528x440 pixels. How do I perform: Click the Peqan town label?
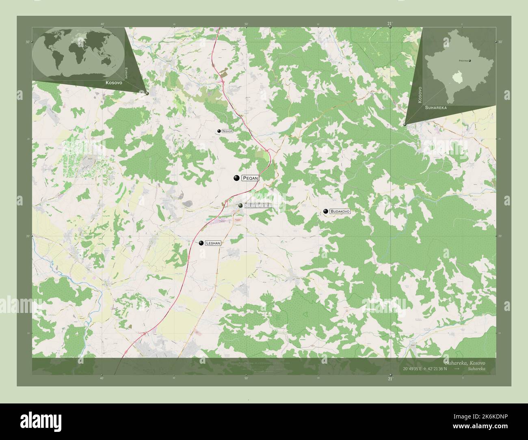coord(250,178)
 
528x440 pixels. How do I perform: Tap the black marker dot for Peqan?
coord(236,178)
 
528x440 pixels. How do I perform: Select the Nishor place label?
coord(227,132)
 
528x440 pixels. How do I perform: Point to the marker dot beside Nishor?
coord(219,131)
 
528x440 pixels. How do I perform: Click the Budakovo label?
coord(340,211)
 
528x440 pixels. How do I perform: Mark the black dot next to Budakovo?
coord(326,211)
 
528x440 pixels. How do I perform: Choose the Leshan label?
coord(213,243)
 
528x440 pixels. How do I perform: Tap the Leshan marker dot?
coord(201,243)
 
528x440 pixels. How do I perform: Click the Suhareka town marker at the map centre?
coord(241,206)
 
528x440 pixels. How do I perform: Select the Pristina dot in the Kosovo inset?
coord(470,61)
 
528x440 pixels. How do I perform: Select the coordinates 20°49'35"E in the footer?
coord(413,369)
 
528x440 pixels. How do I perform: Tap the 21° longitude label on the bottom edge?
coord(390,379)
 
